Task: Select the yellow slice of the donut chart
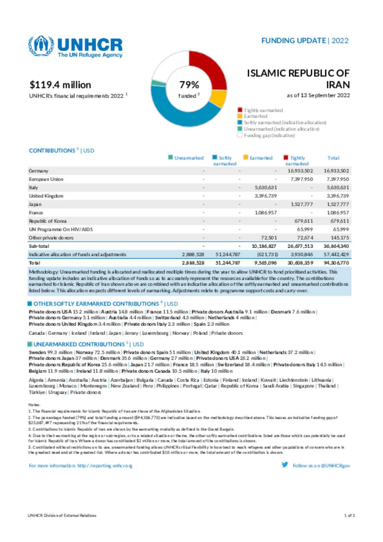pos(218,98)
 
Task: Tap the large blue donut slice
pos(176,110)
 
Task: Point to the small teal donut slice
pos(154,83)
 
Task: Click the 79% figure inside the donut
pos(189,85)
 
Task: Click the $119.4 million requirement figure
pos(61,85)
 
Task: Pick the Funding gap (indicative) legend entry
pos(269,135)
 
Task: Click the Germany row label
pos(39,171)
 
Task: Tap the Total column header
pos(333,158)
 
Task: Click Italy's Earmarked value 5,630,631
pos(266,188)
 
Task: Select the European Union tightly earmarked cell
pos(301,179)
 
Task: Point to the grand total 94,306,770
pos(336,263)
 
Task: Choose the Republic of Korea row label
pos(48,221)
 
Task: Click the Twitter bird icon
pos(285,465)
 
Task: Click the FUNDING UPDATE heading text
pos(294,41)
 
